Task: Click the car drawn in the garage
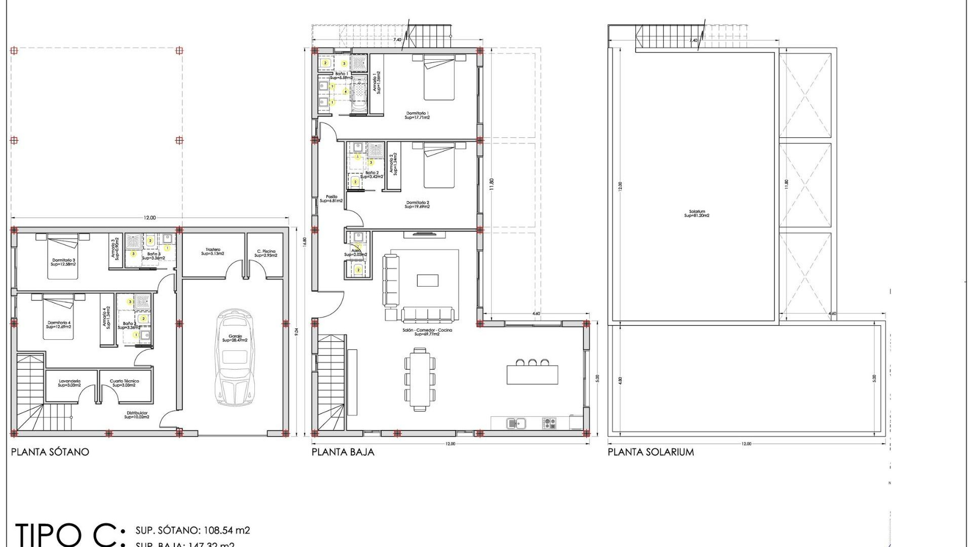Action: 235,357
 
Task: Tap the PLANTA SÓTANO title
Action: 50,452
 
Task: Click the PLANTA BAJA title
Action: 343,452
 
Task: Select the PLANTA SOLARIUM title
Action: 651,452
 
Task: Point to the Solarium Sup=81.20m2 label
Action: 697,214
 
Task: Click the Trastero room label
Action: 213,252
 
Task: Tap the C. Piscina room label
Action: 266,253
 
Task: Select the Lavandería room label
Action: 69,383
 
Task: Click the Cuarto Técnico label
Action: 124,383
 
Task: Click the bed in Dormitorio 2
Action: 439,166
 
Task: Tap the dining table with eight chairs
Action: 420,379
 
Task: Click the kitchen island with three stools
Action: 532,374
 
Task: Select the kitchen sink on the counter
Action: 516,423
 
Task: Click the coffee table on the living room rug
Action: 427,280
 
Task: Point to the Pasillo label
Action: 331,199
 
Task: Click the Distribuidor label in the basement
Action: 137,415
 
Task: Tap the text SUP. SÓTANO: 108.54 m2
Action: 193,530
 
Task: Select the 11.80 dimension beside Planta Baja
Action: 491,184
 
